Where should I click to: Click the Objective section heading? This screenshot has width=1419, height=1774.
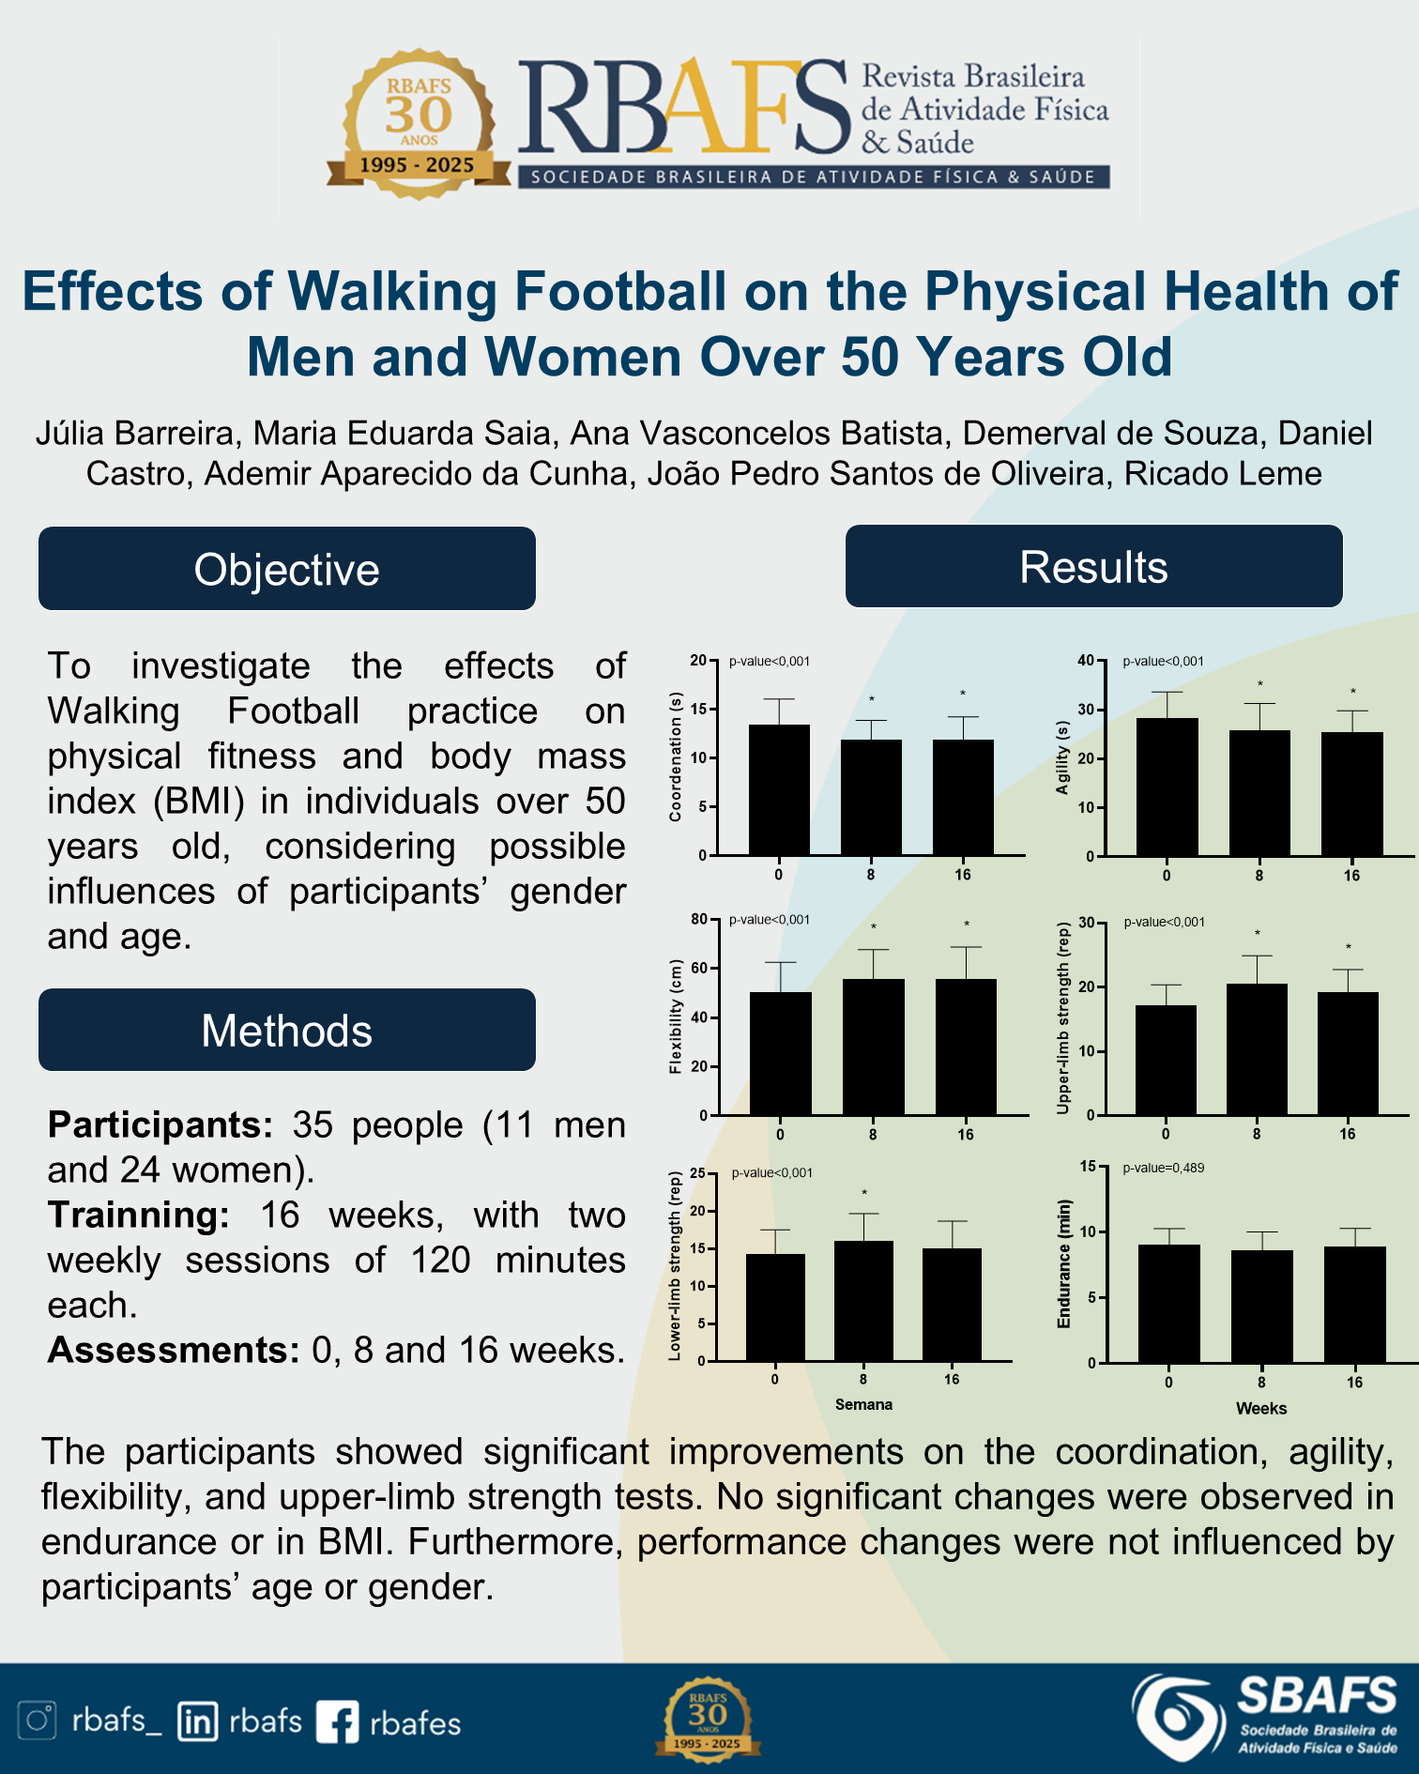coord(286,569)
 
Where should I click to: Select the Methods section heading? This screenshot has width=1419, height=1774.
coord(286,1030)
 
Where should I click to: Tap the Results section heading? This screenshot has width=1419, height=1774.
coord(1093,566)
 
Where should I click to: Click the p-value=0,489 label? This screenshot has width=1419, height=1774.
coord(1163,1168)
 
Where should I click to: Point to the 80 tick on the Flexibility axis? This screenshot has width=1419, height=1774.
coord(699,919)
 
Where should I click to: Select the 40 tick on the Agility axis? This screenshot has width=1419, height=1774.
coord(1085,660)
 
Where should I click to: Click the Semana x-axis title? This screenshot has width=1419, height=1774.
coord(863,1404)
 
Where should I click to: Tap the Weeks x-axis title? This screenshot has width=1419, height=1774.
coord(1260,1408)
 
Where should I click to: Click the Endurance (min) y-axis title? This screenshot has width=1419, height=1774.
coord(1064,1263)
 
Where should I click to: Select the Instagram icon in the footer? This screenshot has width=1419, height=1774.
coord(38,1720)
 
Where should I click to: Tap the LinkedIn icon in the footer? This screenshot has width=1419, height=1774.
coord(197,1721)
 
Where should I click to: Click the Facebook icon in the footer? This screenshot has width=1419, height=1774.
coord(337,1722)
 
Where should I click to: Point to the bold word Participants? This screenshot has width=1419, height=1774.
coord(160,1124)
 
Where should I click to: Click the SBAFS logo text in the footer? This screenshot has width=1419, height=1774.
coord(1317,1696)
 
